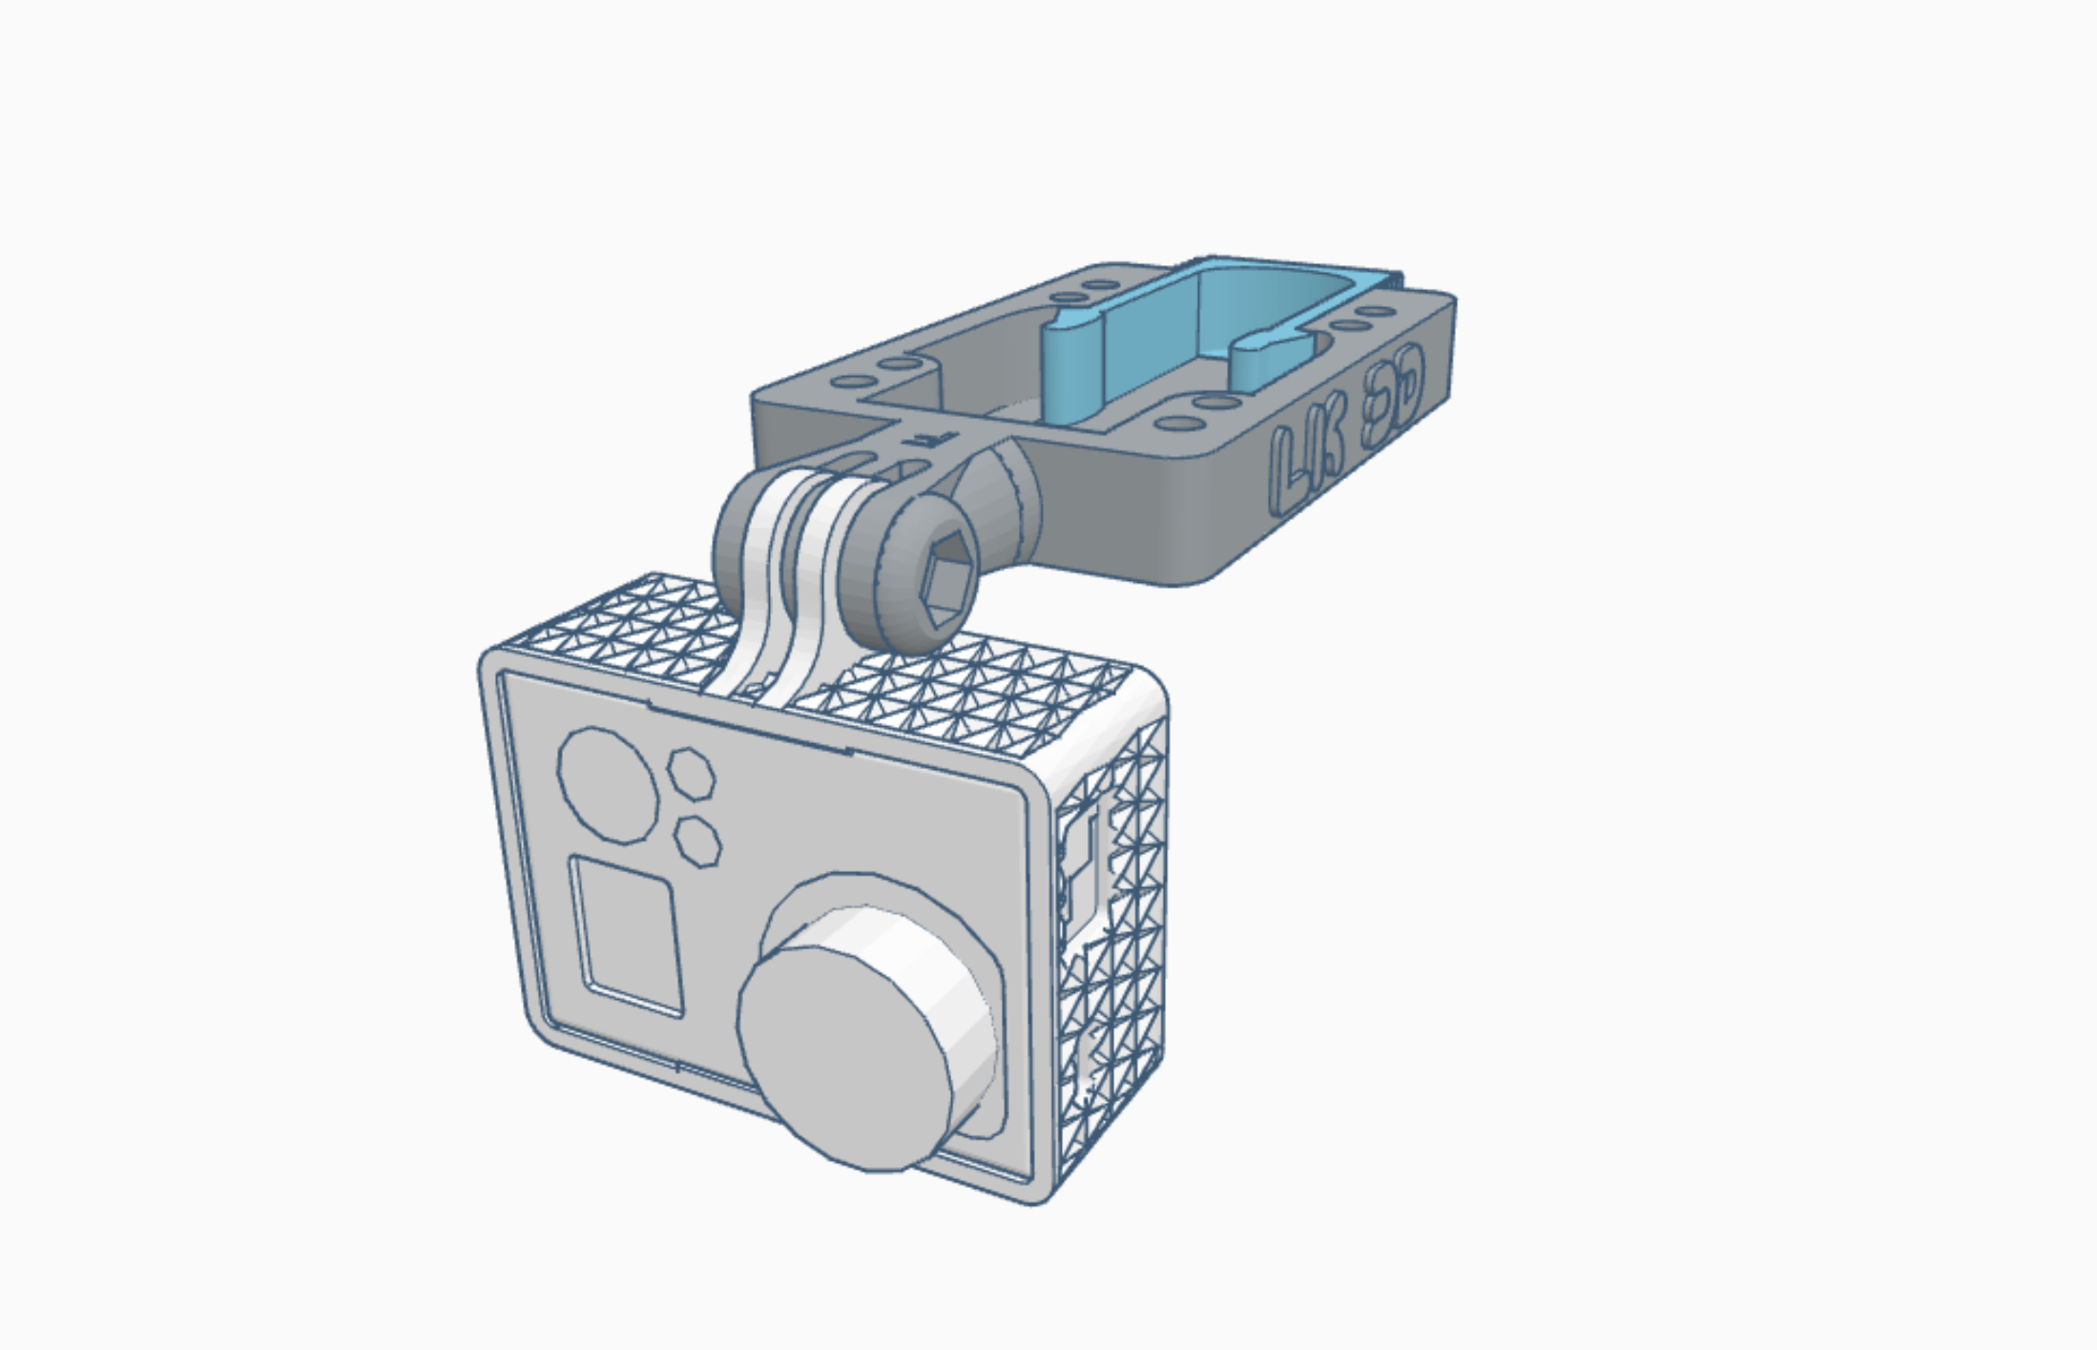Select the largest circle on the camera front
[x=608, y=785]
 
